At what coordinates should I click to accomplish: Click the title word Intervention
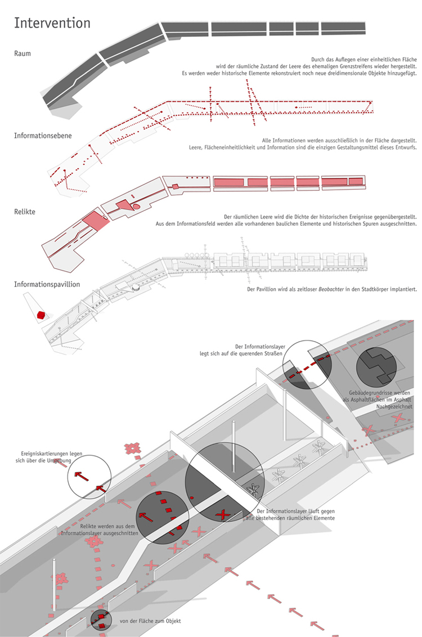[x=52, y=23]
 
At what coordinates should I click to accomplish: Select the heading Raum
[x=23, y=53]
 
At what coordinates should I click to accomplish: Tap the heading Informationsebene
[x=43, y=136]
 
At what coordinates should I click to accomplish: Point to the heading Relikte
[x=25, y=212]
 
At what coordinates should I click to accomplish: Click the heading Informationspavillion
[x=47, y=284]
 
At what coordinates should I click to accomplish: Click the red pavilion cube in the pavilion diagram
[x=41, y=315]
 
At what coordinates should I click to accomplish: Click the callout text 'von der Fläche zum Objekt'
[x=150, y=621]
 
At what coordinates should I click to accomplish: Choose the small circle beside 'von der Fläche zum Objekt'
[x=101, y=621]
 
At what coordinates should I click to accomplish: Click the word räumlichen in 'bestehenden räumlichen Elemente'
[x=300, y=518]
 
